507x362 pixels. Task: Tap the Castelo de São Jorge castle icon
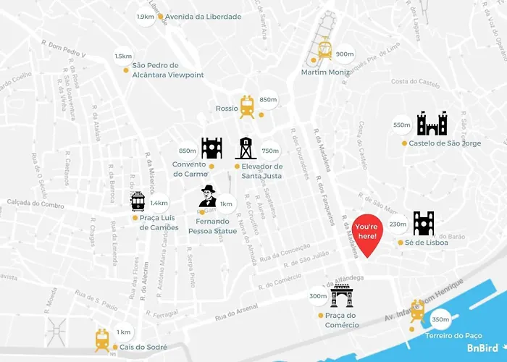pos(432,124)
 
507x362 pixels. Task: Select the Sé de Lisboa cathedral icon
pos(423,224)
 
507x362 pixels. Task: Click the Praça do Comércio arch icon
pos(341,295)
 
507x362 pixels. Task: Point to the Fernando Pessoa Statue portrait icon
pos(209,196)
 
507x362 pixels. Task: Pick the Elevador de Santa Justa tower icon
pos(246,148)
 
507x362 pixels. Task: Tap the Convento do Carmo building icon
pos(211,148)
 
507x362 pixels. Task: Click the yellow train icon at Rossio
pos(248,106)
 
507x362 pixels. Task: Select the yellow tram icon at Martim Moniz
pos(324,48)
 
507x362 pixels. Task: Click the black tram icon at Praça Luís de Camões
pos(138,202)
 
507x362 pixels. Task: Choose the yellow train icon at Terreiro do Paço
pos(416,310)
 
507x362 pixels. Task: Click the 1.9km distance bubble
pos(146,17)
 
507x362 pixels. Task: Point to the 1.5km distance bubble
pos(123,56)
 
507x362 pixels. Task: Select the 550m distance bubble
pos(402,125)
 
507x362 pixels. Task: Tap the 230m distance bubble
pos(398,225)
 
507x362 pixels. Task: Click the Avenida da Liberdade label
pos(203,17)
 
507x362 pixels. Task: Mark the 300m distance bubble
pos(318,297)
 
